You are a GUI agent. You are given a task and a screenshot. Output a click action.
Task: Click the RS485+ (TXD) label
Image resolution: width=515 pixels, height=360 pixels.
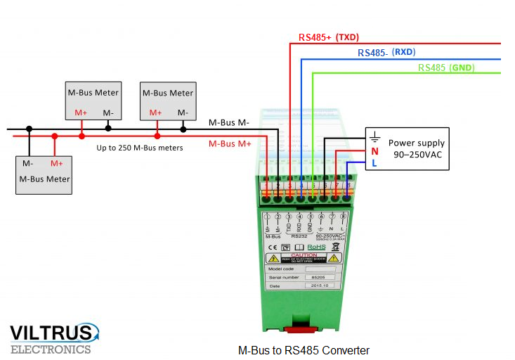pyautogui.click(x=328, y=37)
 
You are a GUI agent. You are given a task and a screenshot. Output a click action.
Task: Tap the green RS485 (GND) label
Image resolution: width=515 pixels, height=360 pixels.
pyautogui.click(x=446, y=67)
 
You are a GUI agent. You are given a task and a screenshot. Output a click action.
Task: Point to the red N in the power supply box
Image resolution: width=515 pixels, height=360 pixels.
pyautogui.click(x=374, y=151)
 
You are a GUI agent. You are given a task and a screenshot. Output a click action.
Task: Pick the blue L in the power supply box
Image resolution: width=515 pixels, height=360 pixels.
pyautogui.click(x=374, y=163)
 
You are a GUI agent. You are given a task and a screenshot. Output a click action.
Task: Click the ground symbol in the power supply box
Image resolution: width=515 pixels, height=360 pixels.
pyautogui.click(x=375, y=138)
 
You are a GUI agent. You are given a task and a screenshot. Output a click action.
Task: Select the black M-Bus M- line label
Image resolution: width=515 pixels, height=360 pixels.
pyautogui.click(x=229, y=122)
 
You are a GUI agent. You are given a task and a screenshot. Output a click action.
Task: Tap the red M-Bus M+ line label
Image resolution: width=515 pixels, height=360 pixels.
pyautogui.click(x=230, y=143)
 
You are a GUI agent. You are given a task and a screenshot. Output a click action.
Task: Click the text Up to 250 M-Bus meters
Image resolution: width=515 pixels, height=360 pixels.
pyautogui.click(x=139, y=148)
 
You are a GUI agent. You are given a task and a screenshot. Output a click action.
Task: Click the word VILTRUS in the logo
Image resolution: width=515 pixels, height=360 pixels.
pyautogui.click(x=51, y=333)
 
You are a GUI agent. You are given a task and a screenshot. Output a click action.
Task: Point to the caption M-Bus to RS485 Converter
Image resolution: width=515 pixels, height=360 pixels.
pyautogui.click(x=304, y=350)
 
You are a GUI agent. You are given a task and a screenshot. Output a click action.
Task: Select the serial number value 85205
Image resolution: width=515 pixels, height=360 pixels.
pyautogui.click(x=318, y=278)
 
